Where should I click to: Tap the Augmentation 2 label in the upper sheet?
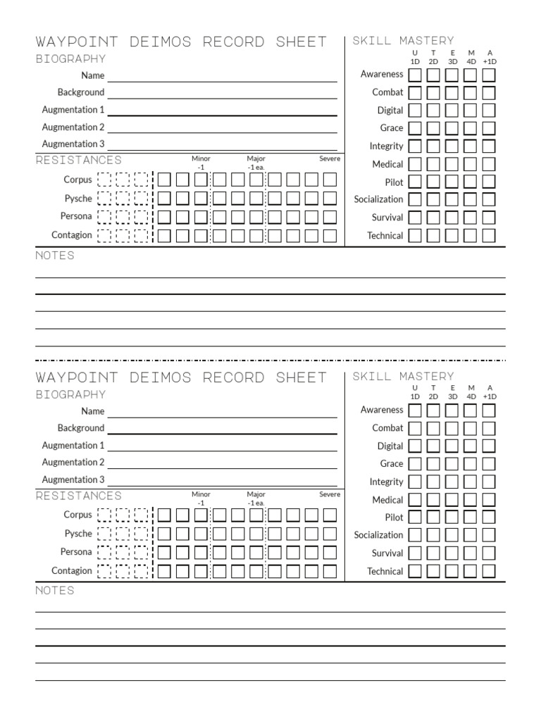(x=73, y=127)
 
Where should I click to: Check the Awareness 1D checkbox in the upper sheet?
(x=416, y=75)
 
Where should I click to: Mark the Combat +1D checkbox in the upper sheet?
(x=489, y=93)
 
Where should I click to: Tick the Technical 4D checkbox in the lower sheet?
(x=471, y=571)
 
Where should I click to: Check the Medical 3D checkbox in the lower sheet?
(x=452, y=500)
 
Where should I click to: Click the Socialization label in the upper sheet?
(x=378, y=200)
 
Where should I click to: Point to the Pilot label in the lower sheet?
(x=394, y=518)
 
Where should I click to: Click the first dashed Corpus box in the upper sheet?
(x=105, y=180)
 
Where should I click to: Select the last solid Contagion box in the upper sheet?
(x=330, y=236)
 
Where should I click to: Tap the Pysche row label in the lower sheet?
(x=78, y=534)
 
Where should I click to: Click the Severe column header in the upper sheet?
(x=330, y=159)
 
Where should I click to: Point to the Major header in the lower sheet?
(x=256, y=495)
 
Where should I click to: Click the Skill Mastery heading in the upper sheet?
(x=404, y=41)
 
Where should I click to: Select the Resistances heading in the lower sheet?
(x=78, y=496)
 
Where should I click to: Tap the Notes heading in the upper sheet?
(x=55, y=256)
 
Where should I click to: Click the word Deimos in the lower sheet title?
(x=161, y=378)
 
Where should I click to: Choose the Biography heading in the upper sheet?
(x=71, y=59)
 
